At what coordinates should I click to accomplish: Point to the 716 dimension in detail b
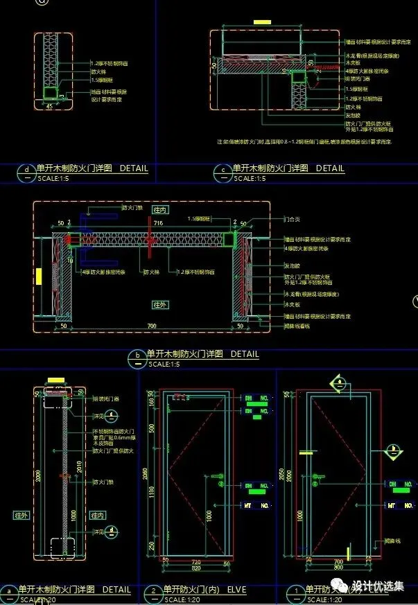pyautogui.click(x=159, y=223)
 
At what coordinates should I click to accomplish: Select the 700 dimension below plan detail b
pyautogui.click(x=152, y=326)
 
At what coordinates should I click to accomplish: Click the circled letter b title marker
pyautogui.click(x=137, y=358)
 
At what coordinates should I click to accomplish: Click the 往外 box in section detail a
pyautogui.click(x=20, y=515)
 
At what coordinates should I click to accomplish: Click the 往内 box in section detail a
pyautogui.click(x=97, y=515)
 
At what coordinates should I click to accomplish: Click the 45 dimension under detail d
pyautogui.click(x=48, y=106)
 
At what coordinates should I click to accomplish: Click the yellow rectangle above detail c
pyautogui.click(x=262, y=22)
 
